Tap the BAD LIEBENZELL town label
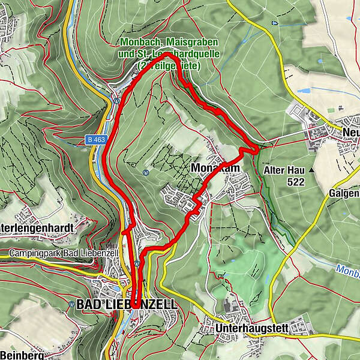click(x=127, y=305)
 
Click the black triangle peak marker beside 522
click(x=312, y=170)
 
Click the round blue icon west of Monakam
click(x=146, y=172)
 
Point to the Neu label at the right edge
click(x=350, y=133)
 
